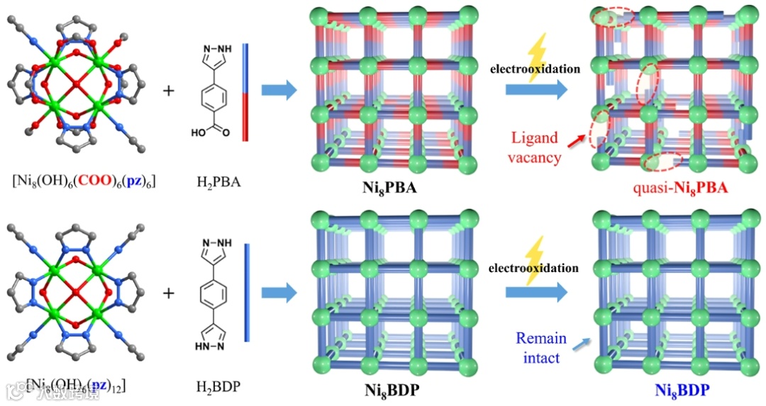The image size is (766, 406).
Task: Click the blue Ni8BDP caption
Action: coord(679,390)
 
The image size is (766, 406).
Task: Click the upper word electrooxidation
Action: coord(535,69)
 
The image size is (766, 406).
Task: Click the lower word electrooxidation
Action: coord(535,269)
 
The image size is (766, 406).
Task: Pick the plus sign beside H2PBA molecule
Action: coord(169,91)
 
